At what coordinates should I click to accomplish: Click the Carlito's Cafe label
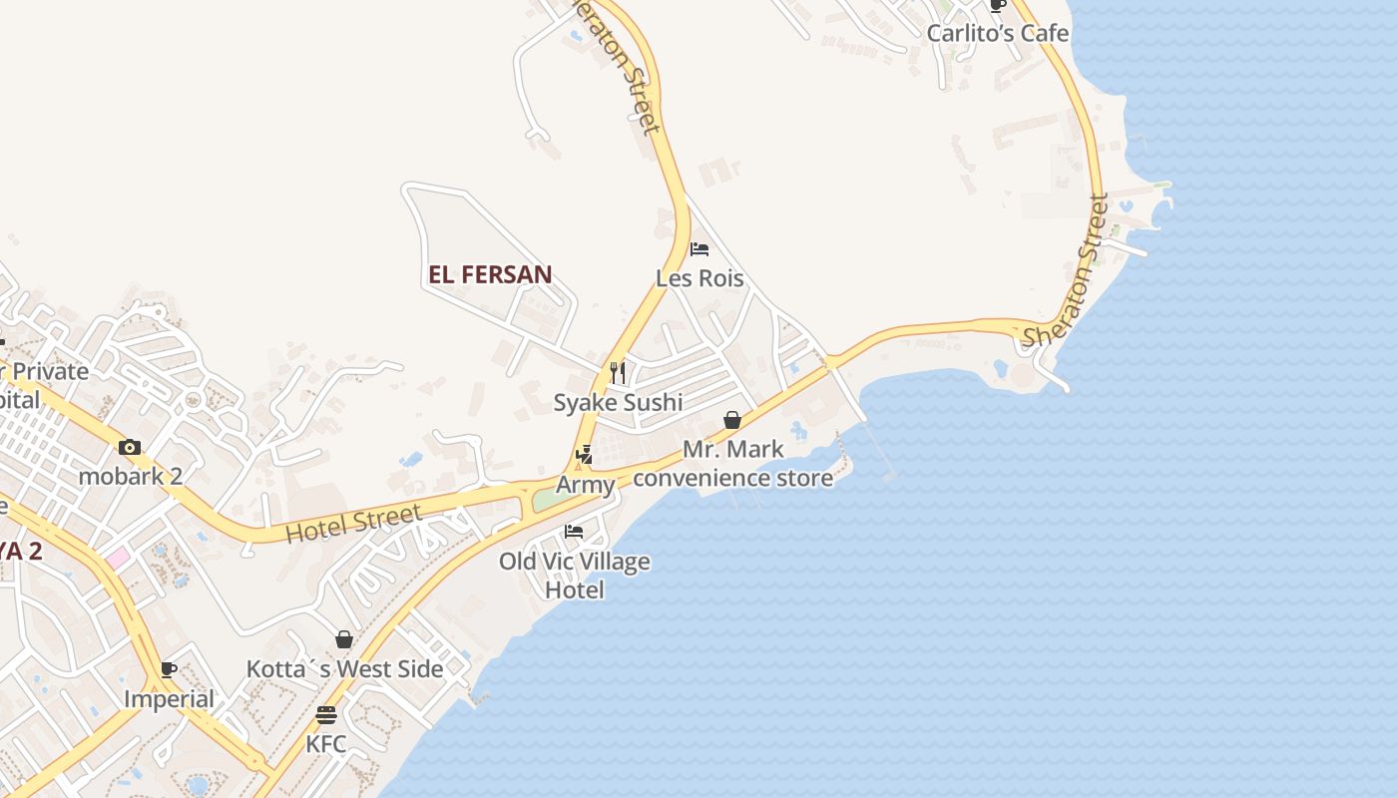pos(997,33)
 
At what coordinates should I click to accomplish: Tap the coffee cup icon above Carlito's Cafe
pos(997,5)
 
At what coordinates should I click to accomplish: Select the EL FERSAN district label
pos(490,275)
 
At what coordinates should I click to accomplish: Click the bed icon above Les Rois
pos(699,248)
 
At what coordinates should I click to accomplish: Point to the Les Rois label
pos(699,278)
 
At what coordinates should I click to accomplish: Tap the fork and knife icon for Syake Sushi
pos(619,373)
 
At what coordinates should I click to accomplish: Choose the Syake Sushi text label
pos(619,402)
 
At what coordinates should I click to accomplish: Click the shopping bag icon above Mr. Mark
pos(732,420)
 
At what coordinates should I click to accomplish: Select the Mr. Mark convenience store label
pos(733,464)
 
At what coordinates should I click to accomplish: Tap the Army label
pos(585,486)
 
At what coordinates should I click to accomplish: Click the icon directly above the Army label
pos(584,456)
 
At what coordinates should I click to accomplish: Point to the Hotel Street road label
pos(353,524)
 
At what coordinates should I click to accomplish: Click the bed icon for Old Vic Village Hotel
pos(574,531)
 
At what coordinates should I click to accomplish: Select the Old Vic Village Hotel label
pos(575,576)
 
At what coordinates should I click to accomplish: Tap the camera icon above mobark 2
pos(130,447)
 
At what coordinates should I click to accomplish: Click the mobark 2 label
pos(131,476)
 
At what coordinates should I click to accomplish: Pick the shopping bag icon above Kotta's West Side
pos(344,639)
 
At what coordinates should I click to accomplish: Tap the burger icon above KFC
pos(325,715)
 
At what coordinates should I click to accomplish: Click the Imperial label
pos(169,699)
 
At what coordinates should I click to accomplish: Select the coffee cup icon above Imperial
pos(169,669)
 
